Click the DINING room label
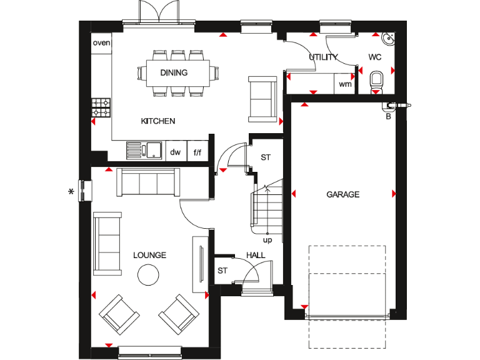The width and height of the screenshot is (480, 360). [x=174, y=72]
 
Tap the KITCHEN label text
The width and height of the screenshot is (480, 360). [x=157, y=121]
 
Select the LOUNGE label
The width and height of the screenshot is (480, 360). [x=149, y=255]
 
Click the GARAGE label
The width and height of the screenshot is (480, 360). [x=343, y=194]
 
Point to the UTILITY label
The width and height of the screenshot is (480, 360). [x=323, y=57]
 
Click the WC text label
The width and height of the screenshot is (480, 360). [x=375, y=57]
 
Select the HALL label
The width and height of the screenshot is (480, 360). [x=256, y=255]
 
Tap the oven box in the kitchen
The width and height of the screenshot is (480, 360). [x=101, y=43]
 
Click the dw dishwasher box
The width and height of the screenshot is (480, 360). [x=175, y=151]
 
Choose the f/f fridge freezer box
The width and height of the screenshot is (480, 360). [x=197, y=151]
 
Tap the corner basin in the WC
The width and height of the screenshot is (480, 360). [x=389, y=39]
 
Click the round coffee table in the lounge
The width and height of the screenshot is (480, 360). [x=149, y=274]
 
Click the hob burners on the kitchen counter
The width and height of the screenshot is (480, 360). [x=101, y=107]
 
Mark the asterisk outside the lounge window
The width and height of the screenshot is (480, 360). [x=71, y=191]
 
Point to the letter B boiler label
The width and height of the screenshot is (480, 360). [x=389, y=116]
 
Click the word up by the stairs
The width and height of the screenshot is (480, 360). [x=267, y=239]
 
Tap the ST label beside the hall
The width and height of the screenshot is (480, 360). [x=222, y=271]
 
